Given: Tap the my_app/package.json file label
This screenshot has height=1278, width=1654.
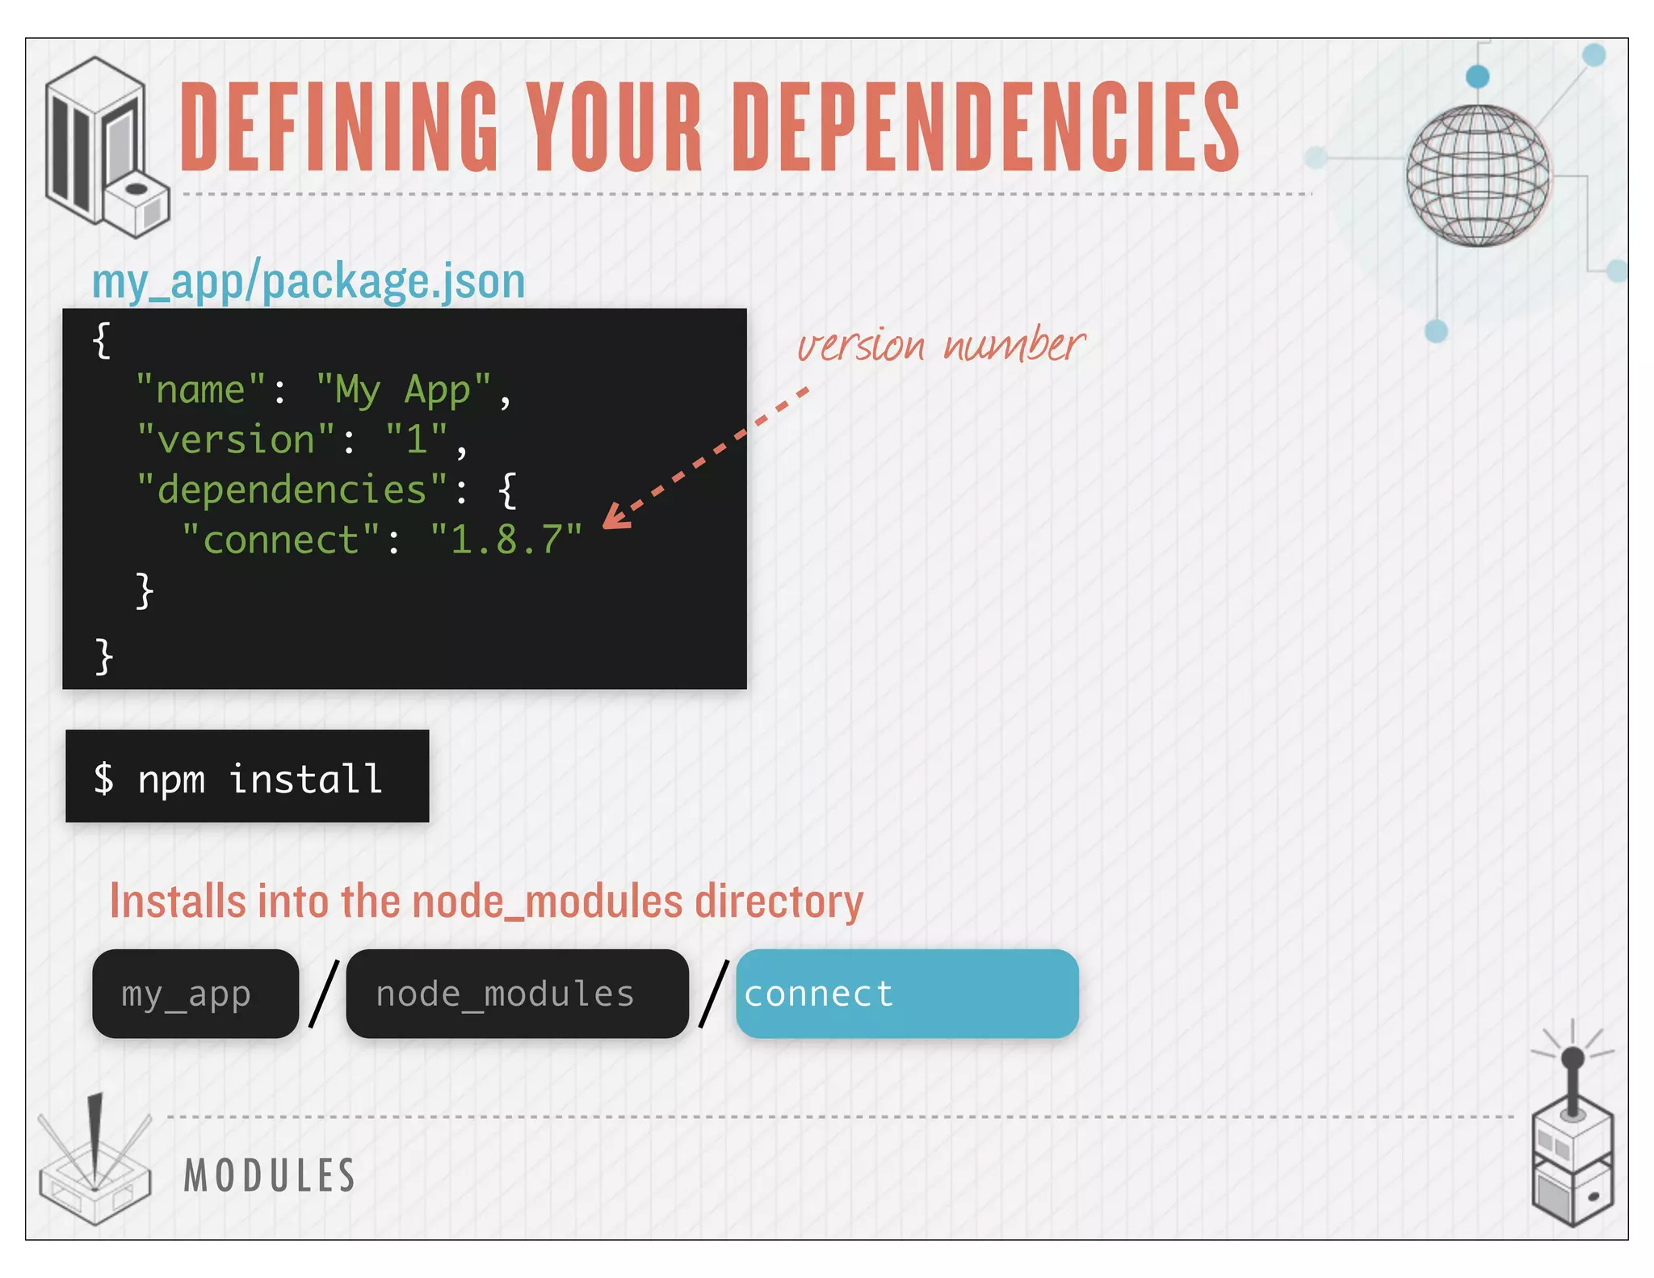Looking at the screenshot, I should [309, 282].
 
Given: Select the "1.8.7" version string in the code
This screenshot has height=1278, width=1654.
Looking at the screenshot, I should [506, 540].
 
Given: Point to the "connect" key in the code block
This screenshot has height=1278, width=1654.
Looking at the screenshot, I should [280, 540].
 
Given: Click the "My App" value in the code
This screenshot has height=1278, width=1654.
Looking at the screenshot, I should [403, 391].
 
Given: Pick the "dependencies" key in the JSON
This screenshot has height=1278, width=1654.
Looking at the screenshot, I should [292, 490].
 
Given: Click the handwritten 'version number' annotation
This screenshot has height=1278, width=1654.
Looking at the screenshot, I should [941, 346].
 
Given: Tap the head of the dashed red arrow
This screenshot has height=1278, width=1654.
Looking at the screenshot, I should [615, 518].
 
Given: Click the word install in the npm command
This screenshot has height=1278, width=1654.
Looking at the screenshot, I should [306, 780].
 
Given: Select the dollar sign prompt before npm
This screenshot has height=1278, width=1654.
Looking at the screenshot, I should [103, 780].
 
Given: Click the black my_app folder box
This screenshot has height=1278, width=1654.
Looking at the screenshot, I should [195, 994].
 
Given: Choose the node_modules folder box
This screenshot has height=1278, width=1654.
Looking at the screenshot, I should [517, 994].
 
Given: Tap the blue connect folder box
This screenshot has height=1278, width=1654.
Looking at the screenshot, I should [907, 994].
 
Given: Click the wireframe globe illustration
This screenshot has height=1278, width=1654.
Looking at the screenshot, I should [1477, 175].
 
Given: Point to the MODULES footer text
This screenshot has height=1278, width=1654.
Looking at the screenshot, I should [270, 1175].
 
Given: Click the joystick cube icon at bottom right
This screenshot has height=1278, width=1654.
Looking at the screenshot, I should [1572, 1147].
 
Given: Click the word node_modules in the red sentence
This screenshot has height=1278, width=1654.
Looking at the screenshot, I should [548, 902].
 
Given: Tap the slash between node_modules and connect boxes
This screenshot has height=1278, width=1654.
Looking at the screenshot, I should [713, 994].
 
